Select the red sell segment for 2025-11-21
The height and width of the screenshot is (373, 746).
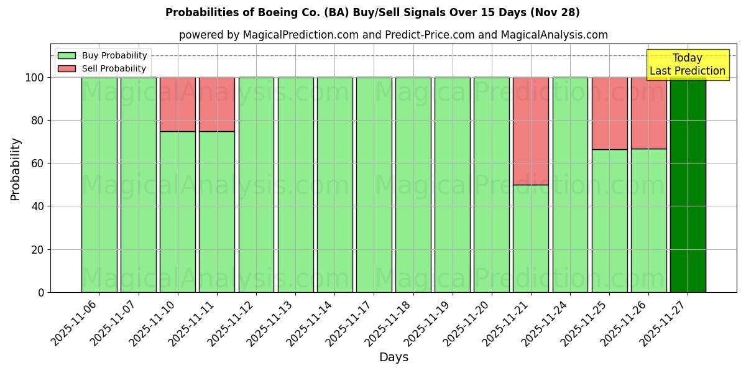[x=531, y=131]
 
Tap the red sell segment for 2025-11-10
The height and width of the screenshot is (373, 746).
[x=178, y=104]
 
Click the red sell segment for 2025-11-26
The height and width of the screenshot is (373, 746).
[x=648, y=113]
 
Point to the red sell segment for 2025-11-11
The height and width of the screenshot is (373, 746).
[x=217, y=104]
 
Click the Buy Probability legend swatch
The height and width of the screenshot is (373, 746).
[x=67, y=55]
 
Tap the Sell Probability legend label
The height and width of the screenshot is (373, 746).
[x=114, y=68]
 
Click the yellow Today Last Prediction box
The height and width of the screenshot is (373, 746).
[x=687, y=65]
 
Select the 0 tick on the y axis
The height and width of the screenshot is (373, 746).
[x=41, y=292]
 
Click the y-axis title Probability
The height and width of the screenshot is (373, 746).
[x=16, y=169]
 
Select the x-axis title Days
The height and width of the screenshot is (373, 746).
[x=394, y=357]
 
